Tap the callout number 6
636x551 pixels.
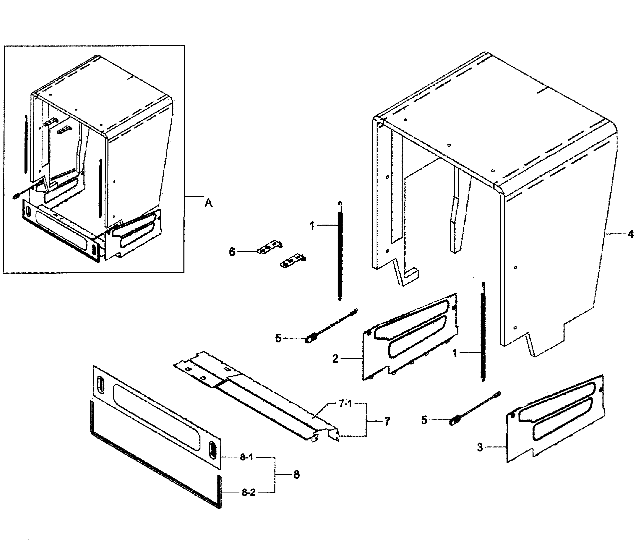(x=232, y=252)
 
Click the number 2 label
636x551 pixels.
(x=335, y=358)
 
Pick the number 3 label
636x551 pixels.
(x=480, y=447)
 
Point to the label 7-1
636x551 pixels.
(x=345, y=404)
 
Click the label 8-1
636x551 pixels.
(x=246, y=457)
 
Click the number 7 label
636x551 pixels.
(x=387, y=421)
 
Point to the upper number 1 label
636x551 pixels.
(x=312, y=226)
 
